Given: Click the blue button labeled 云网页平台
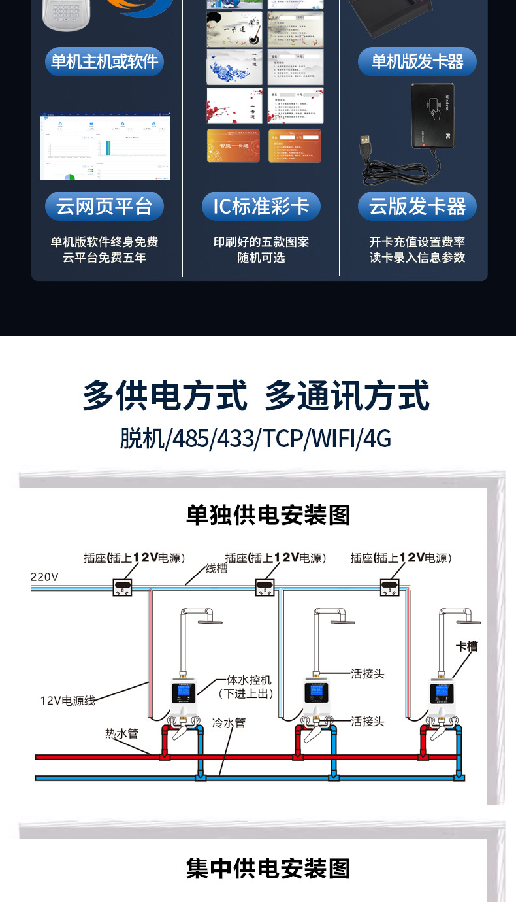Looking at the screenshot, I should (105, 207).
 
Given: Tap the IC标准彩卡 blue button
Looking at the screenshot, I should (261, 207).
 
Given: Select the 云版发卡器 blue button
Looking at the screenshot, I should (417, 207).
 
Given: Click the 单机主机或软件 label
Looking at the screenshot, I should (105, 62).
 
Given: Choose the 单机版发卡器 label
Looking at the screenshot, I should (417, 62).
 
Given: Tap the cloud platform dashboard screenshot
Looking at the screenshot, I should (105, 148).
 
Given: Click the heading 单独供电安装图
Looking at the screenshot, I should (268, 514).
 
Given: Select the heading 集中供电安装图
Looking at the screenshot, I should (268, 869).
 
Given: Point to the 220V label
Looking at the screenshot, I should (44, 577).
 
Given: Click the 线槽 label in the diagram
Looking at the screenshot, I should (216, 569).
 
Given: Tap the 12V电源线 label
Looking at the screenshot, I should (68, 701).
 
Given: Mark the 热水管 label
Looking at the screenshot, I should (122, 733).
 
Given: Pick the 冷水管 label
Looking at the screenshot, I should (229, 724).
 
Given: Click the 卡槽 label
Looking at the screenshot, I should (466, 646).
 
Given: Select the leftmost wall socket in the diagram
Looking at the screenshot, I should (123, 588).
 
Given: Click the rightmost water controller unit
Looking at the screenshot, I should (443, 696).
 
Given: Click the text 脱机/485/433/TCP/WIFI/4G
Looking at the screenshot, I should (255, 439).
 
